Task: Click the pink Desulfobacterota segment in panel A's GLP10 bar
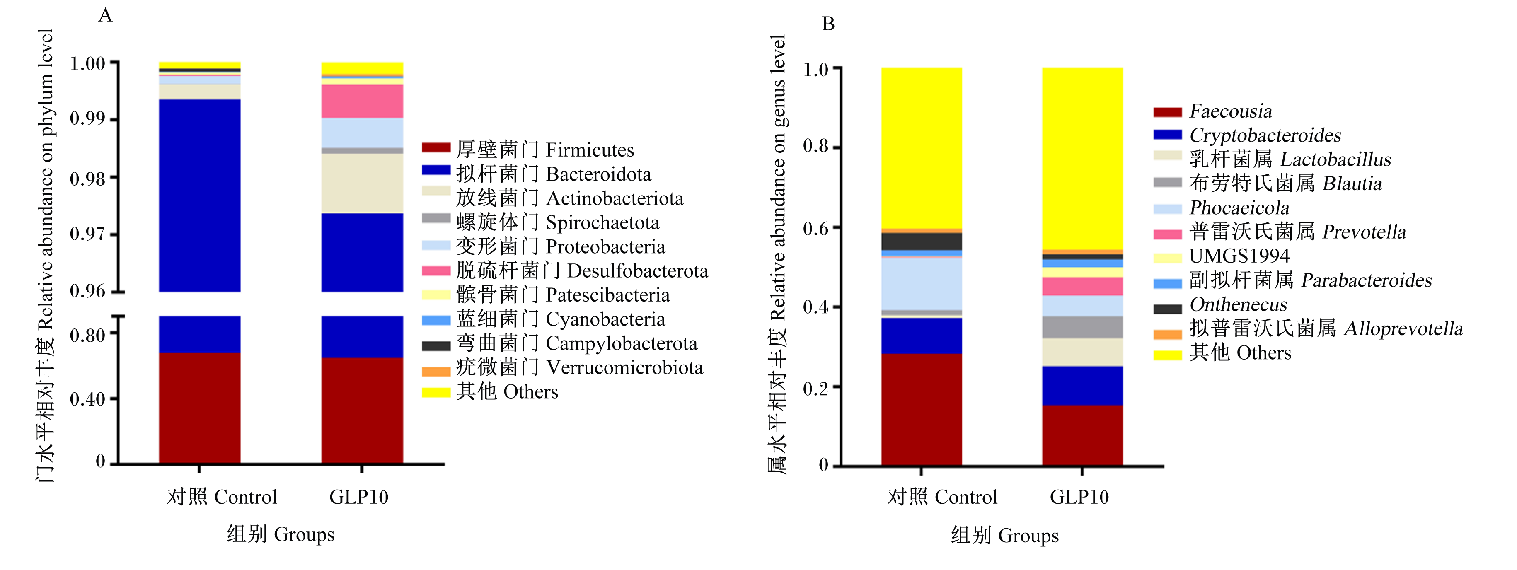(362, 101)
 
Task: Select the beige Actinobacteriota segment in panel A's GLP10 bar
(362, 183)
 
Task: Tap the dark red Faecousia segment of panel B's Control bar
(922, 409)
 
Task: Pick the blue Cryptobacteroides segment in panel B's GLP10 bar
(1082, 386)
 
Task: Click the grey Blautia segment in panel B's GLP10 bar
(1082, 327)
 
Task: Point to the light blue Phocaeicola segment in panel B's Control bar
(922, 284)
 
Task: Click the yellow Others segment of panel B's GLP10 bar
(1082, 159)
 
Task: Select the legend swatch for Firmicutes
(436, 147)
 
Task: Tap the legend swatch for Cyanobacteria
(436, 320)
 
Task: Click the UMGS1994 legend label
(1239, 256)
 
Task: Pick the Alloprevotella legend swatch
(1168, 334)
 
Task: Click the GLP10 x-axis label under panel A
(359, 497)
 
